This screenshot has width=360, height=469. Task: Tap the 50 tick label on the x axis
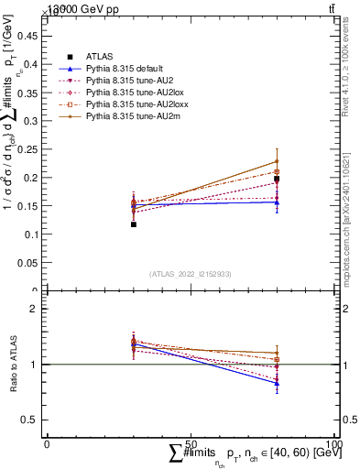pos(191,443)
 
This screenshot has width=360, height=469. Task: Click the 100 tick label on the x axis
pos(334,443)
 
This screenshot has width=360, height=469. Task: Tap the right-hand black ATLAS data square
pos(277,180)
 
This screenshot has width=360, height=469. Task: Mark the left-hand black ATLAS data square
pos(133,224)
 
